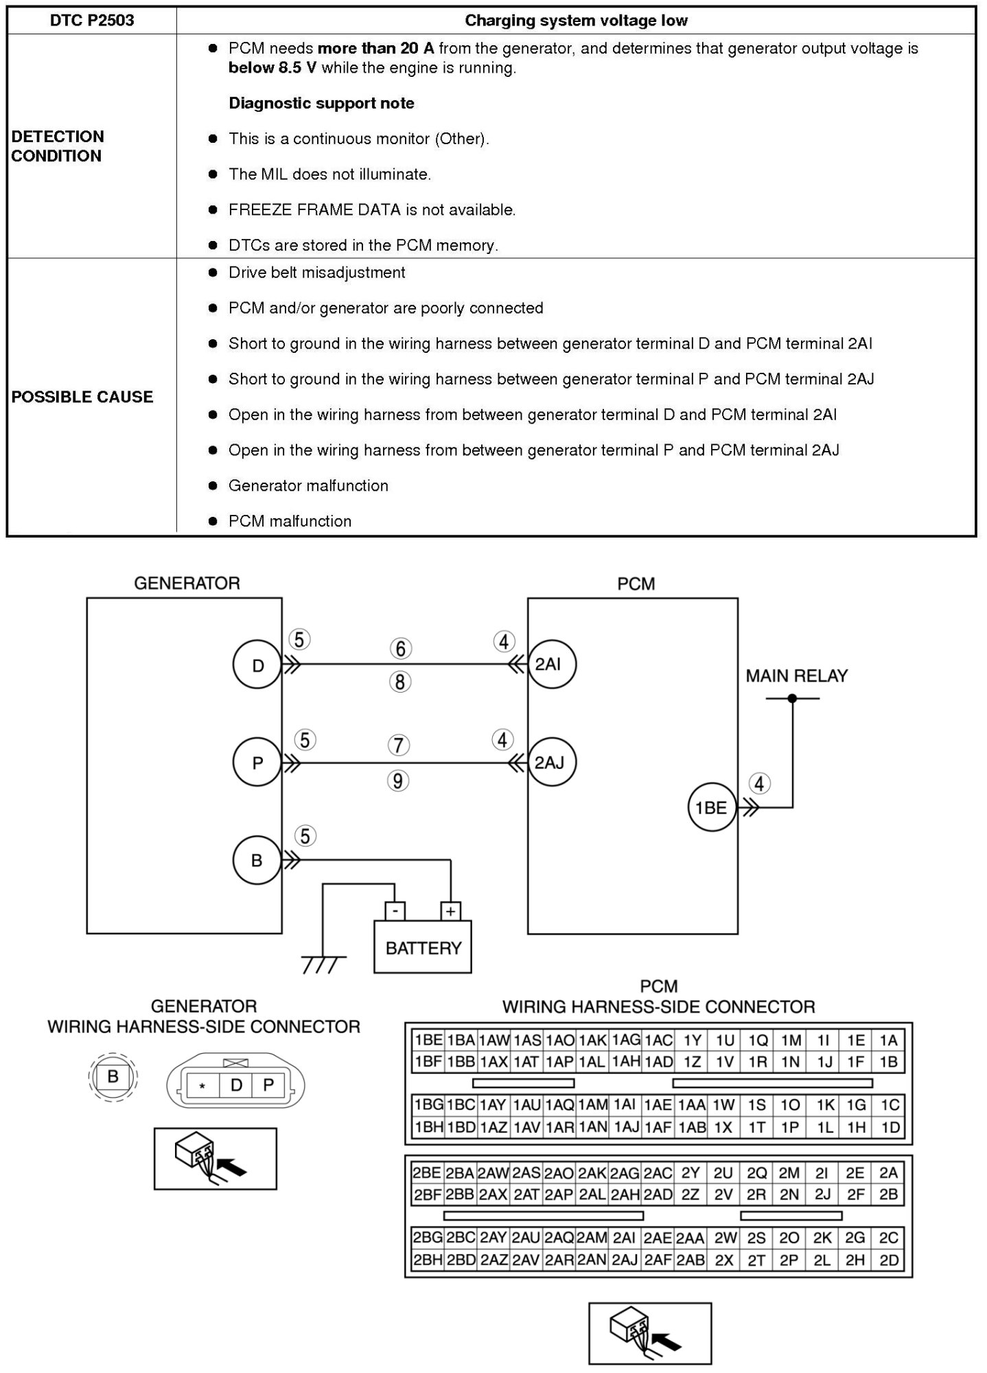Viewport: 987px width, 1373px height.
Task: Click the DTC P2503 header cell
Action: (92, 21)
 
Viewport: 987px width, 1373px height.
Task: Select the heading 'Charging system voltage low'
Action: (576, 21)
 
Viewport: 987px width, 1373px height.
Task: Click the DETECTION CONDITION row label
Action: (58, 146)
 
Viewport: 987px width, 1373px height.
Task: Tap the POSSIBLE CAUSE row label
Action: (82, 397)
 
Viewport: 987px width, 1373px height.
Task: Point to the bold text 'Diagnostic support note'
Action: (321, 104)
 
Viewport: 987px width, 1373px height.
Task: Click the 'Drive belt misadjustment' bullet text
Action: (316, 273)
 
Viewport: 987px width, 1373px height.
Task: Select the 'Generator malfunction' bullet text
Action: (308, 486)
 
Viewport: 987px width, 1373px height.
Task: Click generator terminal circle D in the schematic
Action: (257, 665)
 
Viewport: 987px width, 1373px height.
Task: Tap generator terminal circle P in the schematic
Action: (257, 763)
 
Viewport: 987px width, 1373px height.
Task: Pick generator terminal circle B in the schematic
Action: (257, 860)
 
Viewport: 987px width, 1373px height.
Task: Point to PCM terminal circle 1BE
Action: (711, 807)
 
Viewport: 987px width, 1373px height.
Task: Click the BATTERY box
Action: (423, 948)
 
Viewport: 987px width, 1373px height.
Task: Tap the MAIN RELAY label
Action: (796, 676)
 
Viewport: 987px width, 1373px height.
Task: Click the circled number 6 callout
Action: (401, 648)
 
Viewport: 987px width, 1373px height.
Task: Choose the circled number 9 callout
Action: (398, 781)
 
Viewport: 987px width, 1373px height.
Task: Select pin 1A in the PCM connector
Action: (889, 1040)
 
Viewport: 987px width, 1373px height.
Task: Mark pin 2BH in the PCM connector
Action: (426, 1260)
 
